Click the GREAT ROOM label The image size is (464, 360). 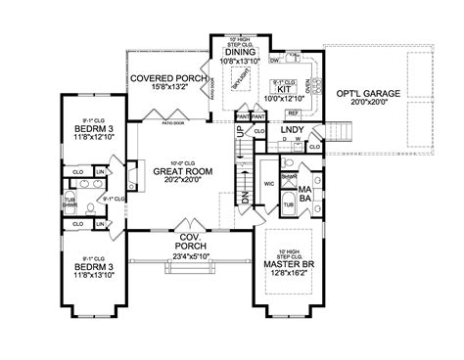(176, 170)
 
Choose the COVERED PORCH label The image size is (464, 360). (166, 77)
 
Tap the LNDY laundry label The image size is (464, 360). (292, 129)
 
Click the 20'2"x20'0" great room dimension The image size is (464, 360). (176, 181)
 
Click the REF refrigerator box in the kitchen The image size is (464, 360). (294, 114)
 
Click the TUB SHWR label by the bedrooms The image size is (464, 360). (70, 202)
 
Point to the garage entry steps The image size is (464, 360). (341, 129)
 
